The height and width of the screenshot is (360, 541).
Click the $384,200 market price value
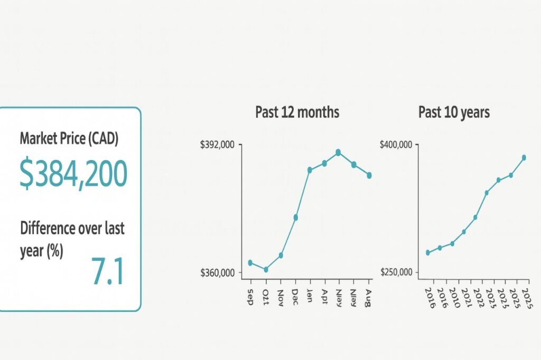tap(73, 174)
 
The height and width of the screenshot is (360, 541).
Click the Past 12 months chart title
tap(297, 112)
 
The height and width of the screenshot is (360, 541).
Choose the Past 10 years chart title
tap(454, 112)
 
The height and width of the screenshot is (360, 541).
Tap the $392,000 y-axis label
tap(218, 145)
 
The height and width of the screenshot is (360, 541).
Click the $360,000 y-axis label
tap(218, 273)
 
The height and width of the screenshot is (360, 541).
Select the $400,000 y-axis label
tap(396, 145)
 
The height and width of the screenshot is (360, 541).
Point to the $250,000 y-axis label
tap(396, 273)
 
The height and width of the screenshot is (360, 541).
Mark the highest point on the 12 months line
tap(338, 153)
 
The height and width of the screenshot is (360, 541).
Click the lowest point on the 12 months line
tap(266, 270)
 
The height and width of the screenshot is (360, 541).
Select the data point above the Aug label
tap(369, 175)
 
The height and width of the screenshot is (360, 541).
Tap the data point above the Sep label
tap(250, 263)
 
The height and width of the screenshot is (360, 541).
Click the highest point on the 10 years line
tap(524, 157)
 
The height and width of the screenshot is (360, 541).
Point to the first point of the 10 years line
tap(428, 252)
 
